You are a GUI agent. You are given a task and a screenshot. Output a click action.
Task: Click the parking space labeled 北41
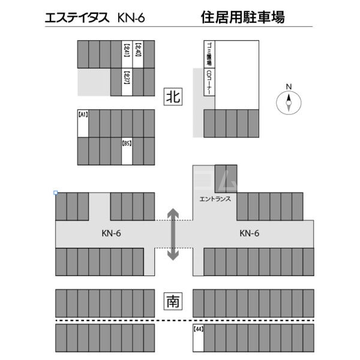click(x=127, y=54)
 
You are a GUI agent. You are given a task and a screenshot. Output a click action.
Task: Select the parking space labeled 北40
click(x=138, y=54)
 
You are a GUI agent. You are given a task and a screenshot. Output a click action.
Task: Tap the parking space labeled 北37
click(x=127, y=82)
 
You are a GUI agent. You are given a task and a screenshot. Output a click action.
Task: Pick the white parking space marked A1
click(x=83, y=123)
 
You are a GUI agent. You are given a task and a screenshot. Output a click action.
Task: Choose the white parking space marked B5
click(x=127, y=151)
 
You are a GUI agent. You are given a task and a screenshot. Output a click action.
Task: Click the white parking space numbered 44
click(x=197, y=339)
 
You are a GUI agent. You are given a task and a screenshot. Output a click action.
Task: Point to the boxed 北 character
click(x=173, y=96)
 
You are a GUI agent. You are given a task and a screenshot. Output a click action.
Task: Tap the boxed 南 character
click(x=173, y=299)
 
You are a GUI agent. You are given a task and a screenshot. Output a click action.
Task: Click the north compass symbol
click(x=289, y=104)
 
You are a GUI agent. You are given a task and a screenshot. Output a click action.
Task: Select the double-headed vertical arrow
click(x=173, y=234)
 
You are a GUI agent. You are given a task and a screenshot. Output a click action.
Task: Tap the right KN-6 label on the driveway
click(x=249, y=233)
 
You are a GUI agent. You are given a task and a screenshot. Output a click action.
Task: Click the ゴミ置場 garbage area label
click(x=209, y=54)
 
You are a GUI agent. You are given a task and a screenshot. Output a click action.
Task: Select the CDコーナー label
click(x=209, y=82)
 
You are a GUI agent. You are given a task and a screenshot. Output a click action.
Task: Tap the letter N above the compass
click(x=289, y=86)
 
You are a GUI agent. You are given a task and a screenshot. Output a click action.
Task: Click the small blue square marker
click(x=56, y=193)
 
